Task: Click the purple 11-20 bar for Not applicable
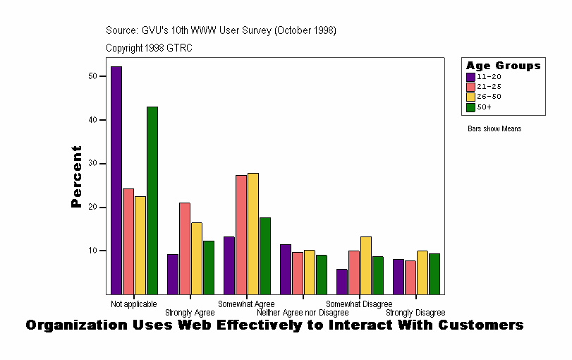pos(116,180)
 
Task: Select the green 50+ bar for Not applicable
pos(152,200)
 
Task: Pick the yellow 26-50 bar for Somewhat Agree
pos(253,234)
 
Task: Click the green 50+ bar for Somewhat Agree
pos(265,256)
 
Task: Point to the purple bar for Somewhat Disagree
pos(342,282)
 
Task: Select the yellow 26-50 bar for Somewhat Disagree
pos(366,265)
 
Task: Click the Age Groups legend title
pos(503,66)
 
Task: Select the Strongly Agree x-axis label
pos(190,313)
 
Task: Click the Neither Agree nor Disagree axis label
pos(303,313)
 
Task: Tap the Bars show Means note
pos(494,129)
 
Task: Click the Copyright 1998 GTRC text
pos(149,48)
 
